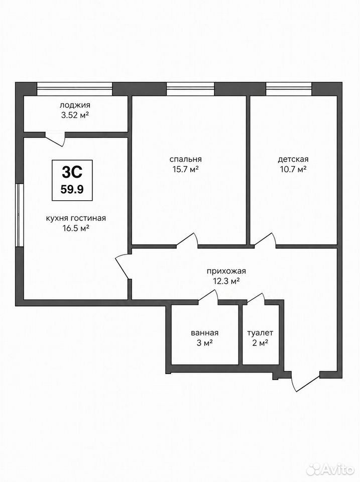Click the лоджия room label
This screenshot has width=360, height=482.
(x=75, y=105)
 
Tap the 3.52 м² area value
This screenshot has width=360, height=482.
(x=75, y=115)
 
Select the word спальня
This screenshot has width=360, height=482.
(x=185, y=159)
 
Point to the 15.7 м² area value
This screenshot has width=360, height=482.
(x=185, y=169)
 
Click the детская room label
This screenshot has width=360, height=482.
(x=293, y=159)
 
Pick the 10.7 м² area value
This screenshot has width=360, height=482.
(x=293, y=169)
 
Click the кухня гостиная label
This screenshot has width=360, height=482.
(x=76, y=218)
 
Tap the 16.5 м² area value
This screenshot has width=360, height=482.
(x=76, y=228)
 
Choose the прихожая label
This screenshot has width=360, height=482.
(x=226, y=271)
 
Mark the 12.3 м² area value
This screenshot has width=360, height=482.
(x=226, y=281)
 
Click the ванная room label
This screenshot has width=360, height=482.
(x=204, y=333)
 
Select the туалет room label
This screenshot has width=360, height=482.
(x=260, y=333)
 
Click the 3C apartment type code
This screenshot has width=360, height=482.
(x=72, y=172)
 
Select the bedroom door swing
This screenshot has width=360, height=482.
(x=187, y=240)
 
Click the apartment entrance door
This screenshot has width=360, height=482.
(x=305, y=382)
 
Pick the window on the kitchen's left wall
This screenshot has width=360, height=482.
(x=20, y=215)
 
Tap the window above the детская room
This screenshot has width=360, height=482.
(x=289, y=89)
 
